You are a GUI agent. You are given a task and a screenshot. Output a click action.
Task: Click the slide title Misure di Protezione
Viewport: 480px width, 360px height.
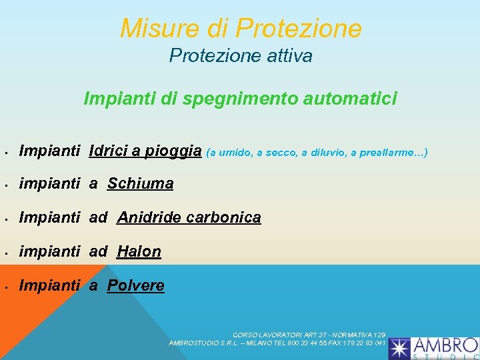pyautogui.click(x=241, y=29)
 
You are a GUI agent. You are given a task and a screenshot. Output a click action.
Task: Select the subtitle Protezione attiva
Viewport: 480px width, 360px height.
pyautogui.click(x=241, y=56)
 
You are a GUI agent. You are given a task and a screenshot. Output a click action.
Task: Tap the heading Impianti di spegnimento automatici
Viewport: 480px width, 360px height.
pyautogui.click(x=240, y=99)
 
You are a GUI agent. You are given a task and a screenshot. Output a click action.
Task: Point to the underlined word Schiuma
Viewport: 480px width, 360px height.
pyautogui.click(x=140, y=183)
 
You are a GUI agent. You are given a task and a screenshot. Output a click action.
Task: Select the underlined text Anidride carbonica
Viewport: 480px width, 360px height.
pyautogui.click(x=189, y=217)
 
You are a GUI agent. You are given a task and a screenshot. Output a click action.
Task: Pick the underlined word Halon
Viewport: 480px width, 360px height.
pyautogui.click(x=139, y=251)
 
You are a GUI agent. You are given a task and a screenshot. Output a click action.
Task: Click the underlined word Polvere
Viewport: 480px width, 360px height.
pyautogui.click(x=135, y=285)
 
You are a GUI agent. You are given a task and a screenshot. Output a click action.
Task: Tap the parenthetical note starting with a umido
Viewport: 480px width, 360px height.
pyautogui.click(x=317, y=153)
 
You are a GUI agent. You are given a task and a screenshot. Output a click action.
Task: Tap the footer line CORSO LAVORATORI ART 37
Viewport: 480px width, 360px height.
pyautogui.click(x=309, y=335)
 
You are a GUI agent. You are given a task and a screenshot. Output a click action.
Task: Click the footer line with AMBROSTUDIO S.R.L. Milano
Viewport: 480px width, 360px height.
pyautogui.click(x=277, y=343)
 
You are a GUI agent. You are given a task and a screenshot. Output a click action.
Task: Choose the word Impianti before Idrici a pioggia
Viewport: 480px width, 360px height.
pyautogui.click(x=50, y=151)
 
